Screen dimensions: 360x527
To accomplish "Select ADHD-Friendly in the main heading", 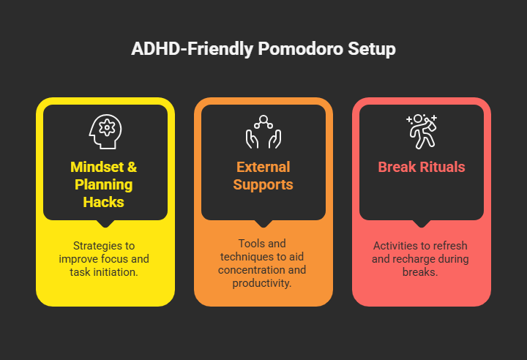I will [x=191, y=50].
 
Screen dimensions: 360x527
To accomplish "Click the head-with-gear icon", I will [x=105, y=131].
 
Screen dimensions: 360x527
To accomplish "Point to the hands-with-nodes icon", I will [x=263, y=131].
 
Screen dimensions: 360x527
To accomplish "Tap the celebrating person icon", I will [x=421, y=131].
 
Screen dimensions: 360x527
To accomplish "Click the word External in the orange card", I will [x=263, y=167].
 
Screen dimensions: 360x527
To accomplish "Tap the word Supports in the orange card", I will [x=263, y=184].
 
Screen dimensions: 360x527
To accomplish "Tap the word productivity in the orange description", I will [x=263, y=283].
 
